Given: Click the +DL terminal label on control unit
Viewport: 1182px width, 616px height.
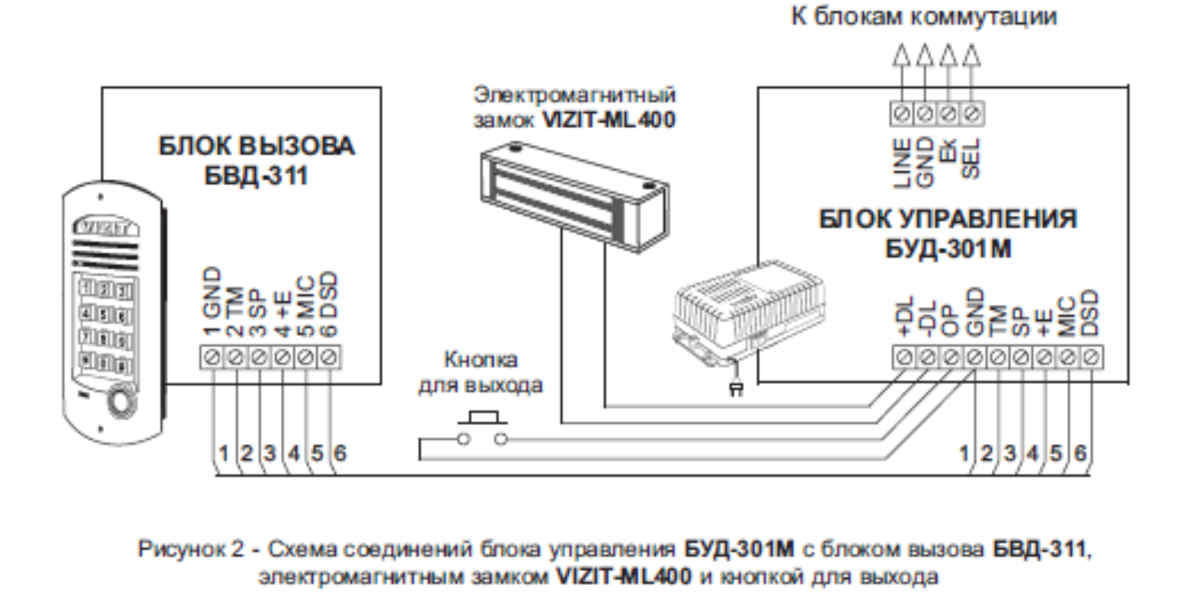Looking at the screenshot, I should [x=904, y=316].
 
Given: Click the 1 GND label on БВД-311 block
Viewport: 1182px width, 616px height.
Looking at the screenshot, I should [x=212, y=301].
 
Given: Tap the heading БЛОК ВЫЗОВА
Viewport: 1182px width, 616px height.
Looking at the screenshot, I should [x=256, y=146].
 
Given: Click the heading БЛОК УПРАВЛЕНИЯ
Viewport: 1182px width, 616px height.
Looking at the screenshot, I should [x=947, y=219].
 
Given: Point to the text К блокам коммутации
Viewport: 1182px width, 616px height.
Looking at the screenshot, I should [x=923, y=17].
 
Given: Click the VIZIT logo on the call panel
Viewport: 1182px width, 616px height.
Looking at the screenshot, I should [x=106, y=227].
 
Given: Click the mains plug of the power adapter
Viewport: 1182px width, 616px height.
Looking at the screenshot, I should [x=736, y=389].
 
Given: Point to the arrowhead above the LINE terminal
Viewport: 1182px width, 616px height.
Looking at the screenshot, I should [x=901, y=55].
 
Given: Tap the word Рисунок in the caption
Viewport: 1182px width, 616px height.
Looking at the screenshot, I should [x=182, y=549].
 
